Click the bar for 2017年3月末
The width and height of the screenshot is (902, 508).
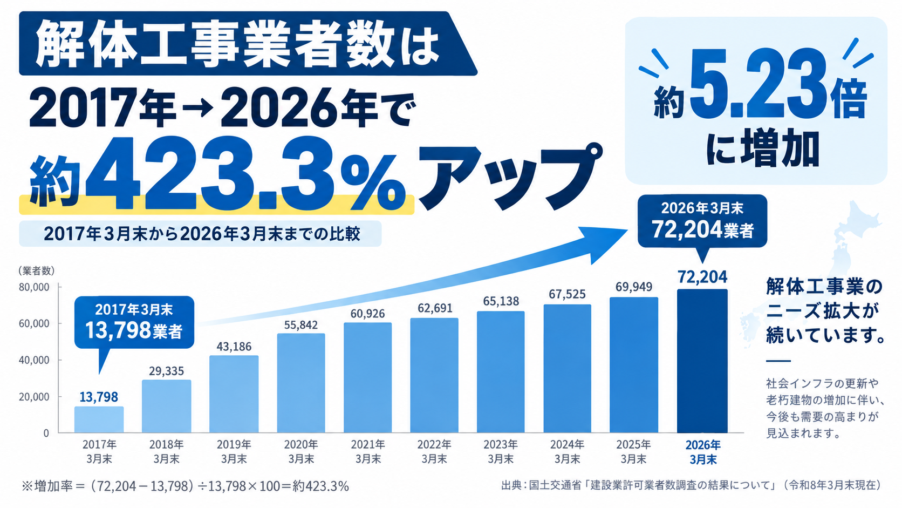tap(99, 419)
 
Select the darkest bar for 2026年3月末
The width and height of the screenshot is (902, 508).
tap(702, 361)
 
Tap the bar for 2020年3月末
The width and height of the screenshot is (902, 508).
tap(301, 383)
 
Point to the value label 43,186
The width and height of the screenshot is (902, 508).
tap(234, 347)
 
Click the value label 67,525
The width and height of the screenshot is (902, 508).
tap(567, 294)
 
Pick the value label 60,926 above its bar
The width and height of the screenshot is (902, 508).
tap(367, 314)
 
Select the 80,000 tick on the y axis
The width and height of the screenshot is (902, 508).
tap(34, 287)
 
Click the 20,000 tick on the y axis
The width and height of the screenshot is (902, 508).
tap(34, 397)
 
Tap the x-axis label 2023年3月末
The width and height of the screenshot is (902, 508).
tap(501, 452)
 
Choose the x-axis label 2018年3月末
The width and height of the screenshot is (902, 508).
tap(166, 452)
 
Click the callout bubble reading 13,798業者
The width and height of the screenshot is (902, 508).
tap(134, 322)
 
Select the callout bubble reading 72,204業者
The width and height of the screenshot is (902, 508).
tap(702, 221)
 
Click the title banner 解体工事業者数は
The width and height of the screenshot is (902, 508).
tap(237, 44)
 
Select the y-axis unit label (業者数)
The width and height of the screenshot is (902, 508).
tap(36, 270)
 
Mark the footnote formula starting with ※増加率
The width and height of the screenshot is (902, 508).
tap(185, 486)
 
